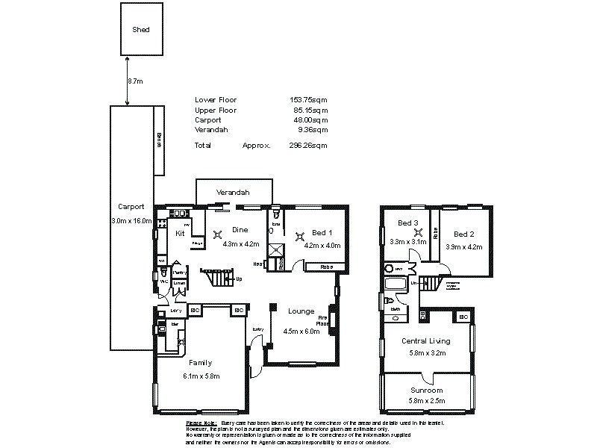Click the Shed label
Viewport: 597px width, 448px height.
pyautogui.click(x=141, y=30)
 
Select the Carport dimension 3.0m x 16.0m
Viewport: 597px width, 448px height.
pyautogui.click(x=131, y=221)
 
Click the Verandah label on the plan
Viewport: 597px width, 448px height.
pyautogui.click(x=233, y=193)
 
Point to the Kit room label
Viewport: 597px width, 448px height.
pyautogui.click(x=180, y=234)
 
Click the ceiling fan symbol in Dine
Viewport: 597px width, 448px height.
pyautogui.click(x=218, y=235)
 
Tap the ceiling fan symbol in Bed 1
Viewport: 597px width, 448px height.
pyautogui.click(x=301, y=237)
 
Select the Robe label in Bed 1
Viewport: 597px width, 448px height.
pyautogui.click(x=326, y=266)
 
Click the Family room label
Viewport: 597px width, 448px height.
pyautogui.click(x=200, y=362)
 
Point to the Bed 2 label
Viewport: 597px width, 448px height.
pyautogui.click(x=464, y=234)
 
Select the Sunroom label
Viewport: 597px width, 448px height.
pyautogui.click(x=427, y=391)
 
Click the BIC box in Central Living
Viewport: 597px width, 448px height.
pyautogui.click(x=463, y=317)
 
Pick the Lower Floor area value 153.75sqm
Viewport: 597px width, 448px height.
pyautogui.click(x=308, y=100)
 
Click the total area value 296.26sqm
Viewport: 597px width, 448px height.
pyautogui.click(x=308, y=146)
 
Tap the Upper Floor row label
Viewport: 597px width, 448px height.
pyautogui.click(x=216, y=110)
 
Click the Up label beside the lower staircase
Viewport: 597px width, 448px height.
pyautogui.click(x=239, y=279)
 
